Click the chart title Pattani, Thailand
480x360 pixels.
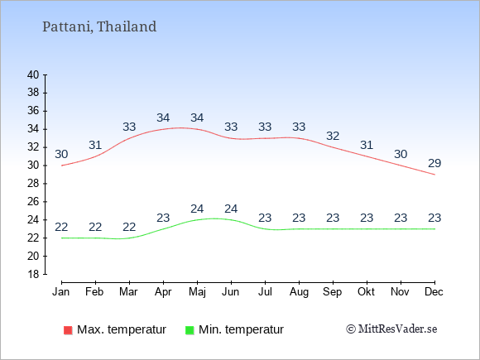coord(99,26)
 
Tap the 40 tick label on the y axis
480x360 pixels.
coord(33,74)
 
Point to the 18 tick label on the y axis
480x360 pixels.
coord(33,274)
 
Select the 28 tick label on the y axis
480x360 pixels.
coord(33,184)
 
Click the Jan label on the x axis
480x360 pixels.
coord(61,292)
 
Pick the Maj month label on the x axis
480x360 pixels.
coord(197,292)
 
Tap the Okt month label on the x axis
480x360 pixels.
coord(366,292)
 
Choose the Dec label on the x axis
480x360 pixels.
coord(434,292)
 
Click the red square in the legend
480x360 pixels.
coord(68,330)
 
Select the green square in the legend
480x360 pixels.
coord(190,330)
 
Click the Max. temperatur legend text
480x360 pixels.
coord(122,329)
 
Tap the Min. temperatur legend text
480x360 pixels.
coord(241,329)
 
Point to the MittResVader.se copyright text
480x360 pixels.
coord(391,329)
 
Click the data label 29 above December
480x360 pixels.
coord(434,164)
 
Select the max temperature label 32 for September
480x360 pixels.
coord(333,136)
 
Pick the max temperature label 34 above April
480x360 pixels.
coord(163,118)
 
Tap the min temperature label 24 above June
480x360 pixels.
coord(231,209)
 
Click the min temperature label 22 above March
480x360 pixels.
coord(129,227)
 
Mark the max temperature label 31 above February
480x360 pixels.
coord(95,145)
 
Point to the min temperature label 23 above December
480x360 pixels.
coord(434,218)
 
